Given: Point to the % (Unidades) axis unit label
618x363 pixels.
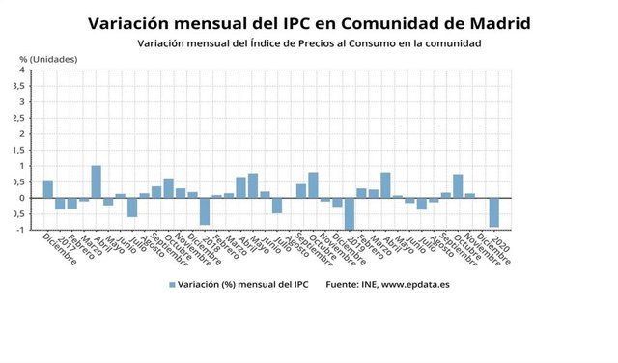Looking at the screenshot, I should (48, 60).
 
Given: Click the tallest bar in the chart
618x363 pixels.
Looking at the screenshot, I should (96, 181).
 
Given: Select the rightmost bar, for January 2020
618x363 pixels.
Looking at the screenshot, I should (493, 212).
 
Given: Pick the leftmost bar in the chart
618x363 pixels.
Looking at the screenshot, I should (48, 189).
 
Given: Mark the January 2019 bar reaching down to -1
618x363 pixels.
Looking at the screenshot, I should (349, 213).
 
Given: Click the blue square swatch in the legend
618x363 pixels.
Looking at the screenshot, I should (173, 285).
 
